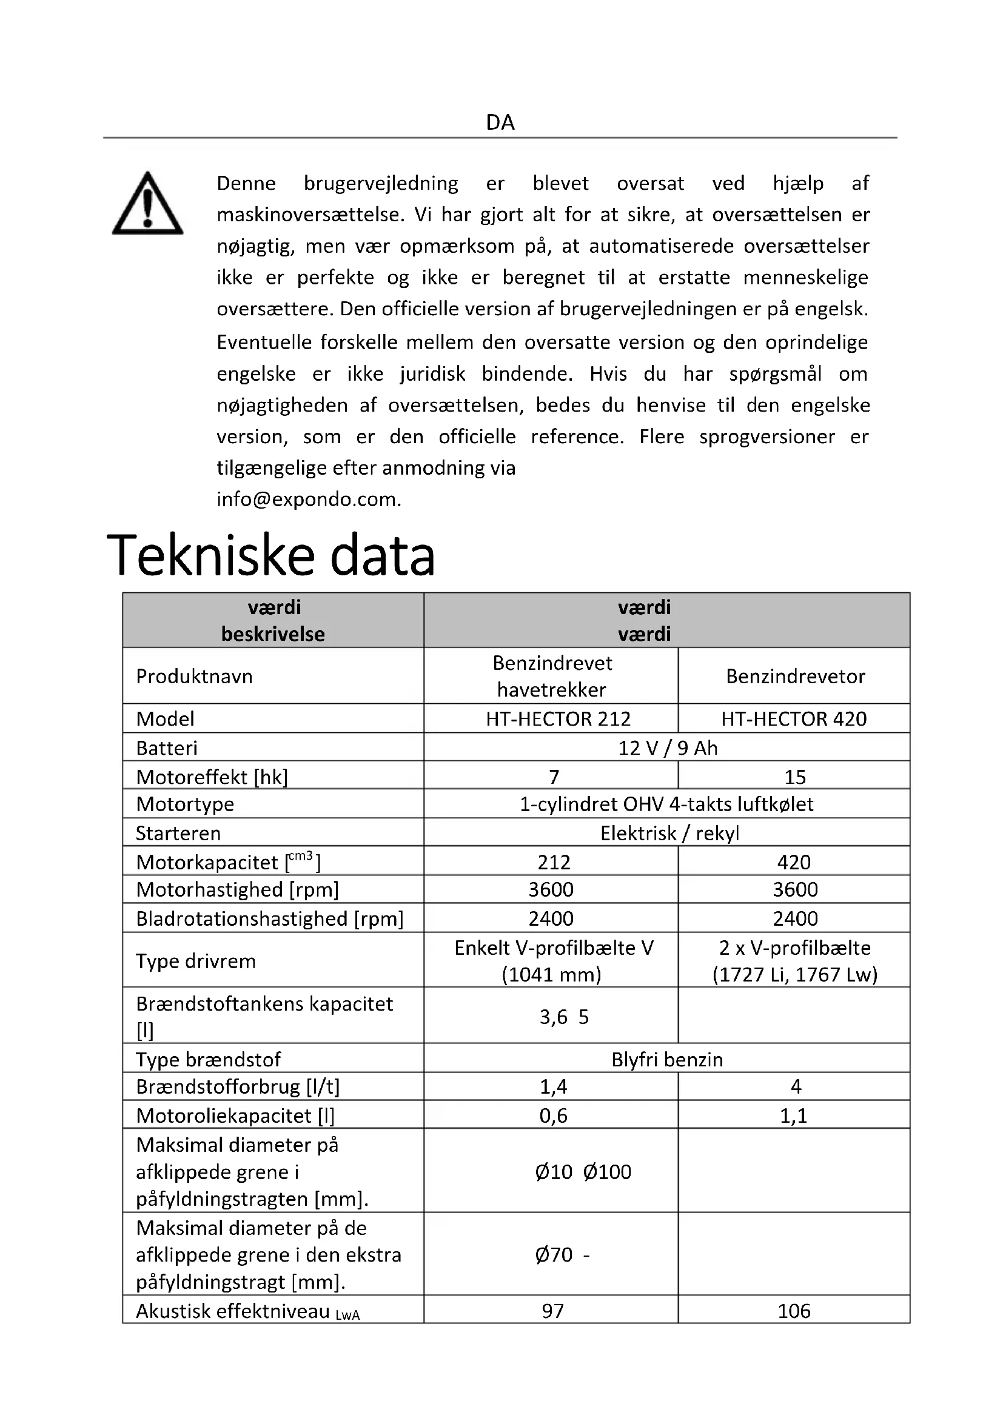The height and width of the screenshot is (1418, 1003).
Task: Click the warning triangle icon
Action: (x=147, y=204)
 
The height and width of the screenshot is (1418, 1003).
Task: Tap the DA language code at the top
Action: (x=500, y=122)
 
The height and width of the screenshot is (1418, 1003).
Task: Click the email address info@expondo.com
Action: (x=309, y=499)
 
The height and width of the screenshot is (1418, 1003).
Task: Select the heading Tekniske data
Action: (x=271, y=555)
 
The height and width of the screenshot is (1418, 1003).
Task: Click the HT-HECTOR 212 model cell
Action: (x=558, y=718)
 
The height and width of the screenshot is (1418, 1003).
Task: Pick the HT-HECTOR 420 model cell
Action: (x=794, y=718)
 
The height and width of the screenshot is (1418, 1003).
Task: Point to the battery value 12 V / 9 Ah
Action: (x=667, y=747)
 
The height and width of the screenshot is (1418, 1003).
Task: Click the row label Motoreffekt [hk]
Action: (x=212, y=777)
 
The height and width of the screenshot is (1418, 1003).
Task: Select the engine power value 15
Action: (x=795, y=777)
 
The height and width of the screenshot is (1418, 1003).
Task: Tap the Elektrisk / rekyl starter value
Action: (x=669, y=833)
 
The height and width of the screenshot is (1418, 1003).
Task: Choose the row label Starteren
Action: (x=178, y=833)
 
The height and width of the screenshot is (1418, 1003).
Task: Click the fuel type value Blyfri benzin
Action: (x=667, y=1059)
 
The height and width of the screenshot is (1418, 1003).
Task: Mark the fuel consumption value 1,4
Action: (x=554, y=1086)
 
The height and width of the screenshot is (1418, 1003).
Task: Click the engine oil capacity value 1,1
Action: (x=794, y=1115)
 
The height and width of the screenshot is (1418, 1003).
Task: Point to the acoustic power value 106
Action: (x=794, y=1311)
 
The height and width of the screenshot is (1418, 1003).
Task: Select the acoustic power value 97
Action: (x=553, y=1311)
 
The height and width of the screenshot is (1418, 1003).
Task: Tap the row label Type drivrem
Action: (x=195, y=961)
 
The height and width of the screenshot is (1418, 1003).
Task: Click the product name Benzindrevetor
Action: (x=796, y=677)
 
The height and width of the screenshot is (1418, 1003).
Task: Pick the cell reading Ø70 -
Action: (x=562, y=1254)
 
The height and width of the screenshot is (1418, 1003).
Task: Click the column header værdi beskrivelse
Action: (x=273, y=620)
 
